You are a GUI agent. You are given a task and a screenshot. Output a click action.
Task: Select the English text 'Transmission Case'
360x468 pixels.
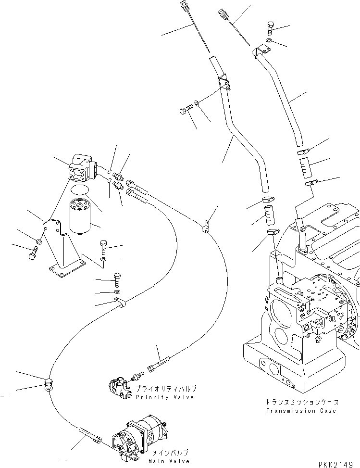pos(301,411)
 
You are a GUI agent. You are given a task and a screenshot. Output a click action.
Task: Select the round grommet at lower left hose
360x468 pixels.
pos(49,385)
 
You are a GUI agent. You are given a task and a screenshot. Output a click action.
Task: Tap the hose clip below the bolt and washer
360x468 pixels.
pos(119,304)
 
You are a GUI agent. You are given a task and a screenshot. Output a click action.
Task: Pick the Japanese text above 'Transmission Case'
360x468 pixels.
pos(301,402)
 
